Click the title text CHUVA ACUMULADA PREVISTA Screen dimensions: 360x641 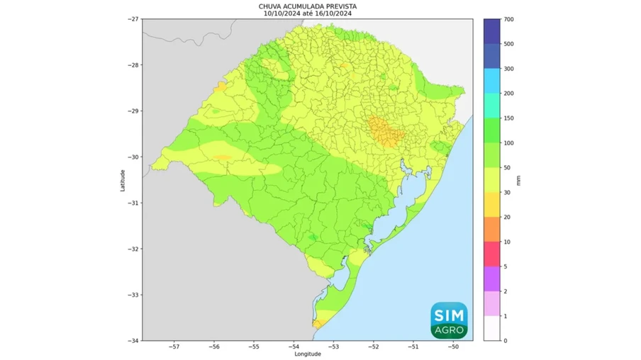pyautogui.click(x=307, y=6)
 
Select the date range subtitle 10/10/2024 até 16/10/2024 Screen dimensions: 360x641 pyautogui.click(x=307, y=13)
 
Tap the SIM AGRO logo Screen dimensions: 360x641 pyautogui.click(x=449, y=320)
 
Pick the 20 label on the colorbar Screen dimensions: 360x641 pyautogui.click(x=508, y=217)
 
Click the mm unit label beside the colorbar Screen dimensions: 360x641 pyautogui.click(x=518, y=180)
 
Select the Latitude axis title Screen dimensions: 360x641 pyautogui.click(x=123, y=180)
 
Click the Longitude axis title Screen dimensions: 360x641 pyautogui.click(x=307, y=354)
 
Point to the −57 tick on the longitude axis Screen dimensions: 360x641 pyautogui.click(x=174, y=347)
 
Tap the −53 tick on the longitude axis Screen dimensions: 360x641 pyautogui.click(x=334, y=347)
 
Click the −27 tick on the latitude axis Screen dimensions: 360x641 pyautogui.click(x=134, y=19)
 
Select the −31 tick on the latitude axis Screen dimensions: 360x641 pyautogui.click(x=134, y=203)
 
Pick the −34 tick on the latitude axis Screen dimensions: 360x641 pyautogui.click(x=134, y=340)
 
